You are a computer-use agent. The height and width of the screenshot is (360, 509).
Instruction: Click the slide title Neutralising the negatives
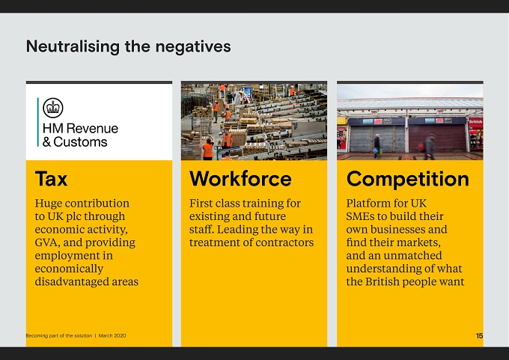[x=129, y=46]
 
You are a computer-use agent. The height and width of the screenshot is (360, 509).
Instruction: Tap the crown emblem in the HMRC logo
[x=53, y=108]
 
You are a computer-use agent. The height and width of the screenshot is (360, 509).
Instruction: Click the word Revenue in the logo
[x=92, y=128]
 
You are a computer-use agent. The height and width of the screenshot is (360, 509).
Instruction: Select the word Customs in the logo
[x=80, y=142]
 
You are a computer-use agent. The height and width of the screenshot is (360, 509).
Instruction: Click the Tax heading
[x=52, y=179]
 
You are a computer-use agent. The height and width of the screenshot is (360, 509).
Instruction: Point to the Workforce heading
[x=240, y=179]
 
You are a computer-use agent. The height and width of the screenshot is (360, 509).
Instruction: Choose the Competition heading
[x=408, y=179]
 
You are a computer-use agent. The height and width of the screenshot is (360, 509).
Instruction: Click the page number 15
[x=480, y=335]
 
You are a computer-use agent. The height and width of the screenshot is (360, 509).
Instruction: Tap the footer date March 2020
[x=112, y=335]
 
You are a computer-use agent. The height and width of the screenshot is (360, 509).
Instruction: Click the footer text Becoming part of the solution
[x=58, y=335]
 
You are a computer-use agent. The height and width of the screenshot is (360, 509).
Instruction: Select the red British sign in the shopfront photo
[x=475, y=122]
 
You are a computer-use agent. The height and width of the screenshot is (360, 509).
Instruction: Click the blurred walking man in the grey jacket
[x=429, y=147]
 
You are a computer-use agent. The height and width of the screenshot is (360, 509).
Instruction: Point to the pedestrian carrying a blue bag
[x=377, y=146]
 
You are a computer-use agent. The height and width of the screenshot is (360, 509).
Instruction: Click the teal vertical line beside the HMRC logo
[x=38, y=122]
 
